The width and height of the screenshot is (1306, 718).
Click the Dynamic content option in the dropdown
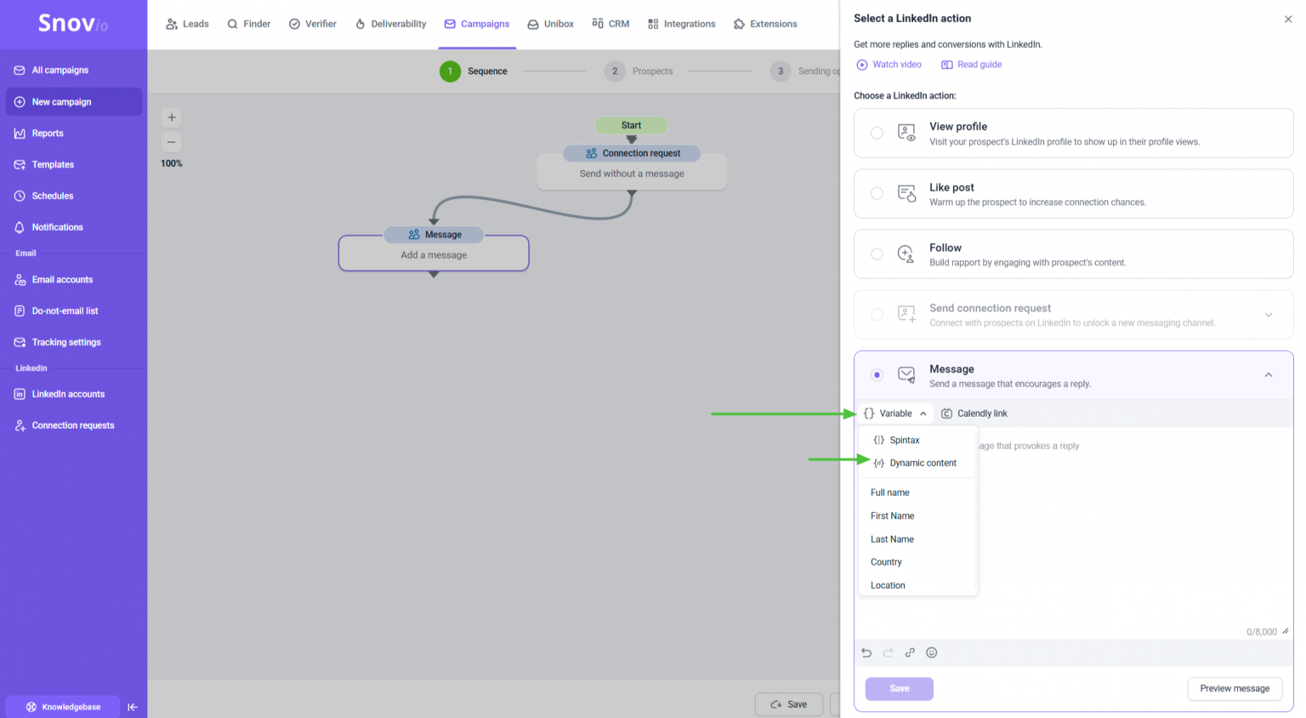tap(916, 463)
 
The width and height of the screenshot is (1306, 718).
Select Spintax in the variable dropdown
tap(897, 440)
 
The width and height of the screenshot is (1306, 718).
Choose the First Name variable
tap(892, 516)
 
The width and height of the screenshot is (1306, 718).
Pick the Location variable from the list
tap(888, 585)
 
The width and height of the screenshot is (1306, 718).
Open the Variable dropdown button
tap(895, 413)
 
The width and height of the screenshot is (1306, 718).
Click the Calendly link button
tap(974, 413)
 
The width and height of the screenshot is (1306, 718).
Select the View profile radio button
tap(877, 133)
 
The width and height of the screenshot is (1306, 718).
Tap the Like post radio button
tap(877, 194)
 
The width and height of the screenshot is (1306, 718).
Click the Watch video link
tap(889, 64)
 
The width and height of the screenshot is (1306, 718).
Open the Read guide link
tap(971, 64)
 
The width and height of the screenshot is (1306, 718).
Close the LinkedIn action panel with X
tap(1287, 20)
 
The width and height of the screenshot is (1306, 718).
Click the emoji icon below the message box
tap(931, 652)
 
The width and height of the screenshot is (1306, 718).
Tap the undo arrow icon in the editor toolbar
tap(866, 652)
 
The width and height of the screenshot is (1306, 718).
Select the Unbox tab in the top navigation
tap(550, 24)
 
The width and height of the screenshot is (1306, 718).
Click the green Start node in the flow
tap(631, 125)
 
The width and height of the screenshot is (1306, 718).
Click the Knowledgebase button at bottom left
tap(63, 706)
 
